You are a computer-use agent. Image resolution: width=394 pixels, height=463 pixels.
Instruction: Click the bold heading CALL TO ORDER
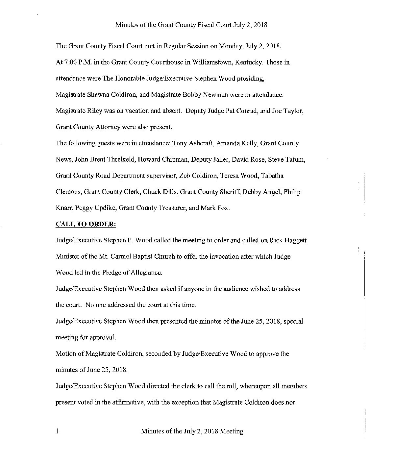[x=86, y=224]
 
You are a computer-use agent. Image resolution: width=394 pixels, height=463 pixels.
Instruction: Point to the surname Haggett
[x=294, y=240]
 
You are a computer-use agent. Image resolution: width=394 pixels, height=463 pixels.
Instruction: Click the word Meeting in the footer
[x=232, y=431]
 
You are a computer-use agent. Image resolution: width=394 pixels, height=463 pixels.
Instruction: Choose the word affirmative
[x=128, y=402]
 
